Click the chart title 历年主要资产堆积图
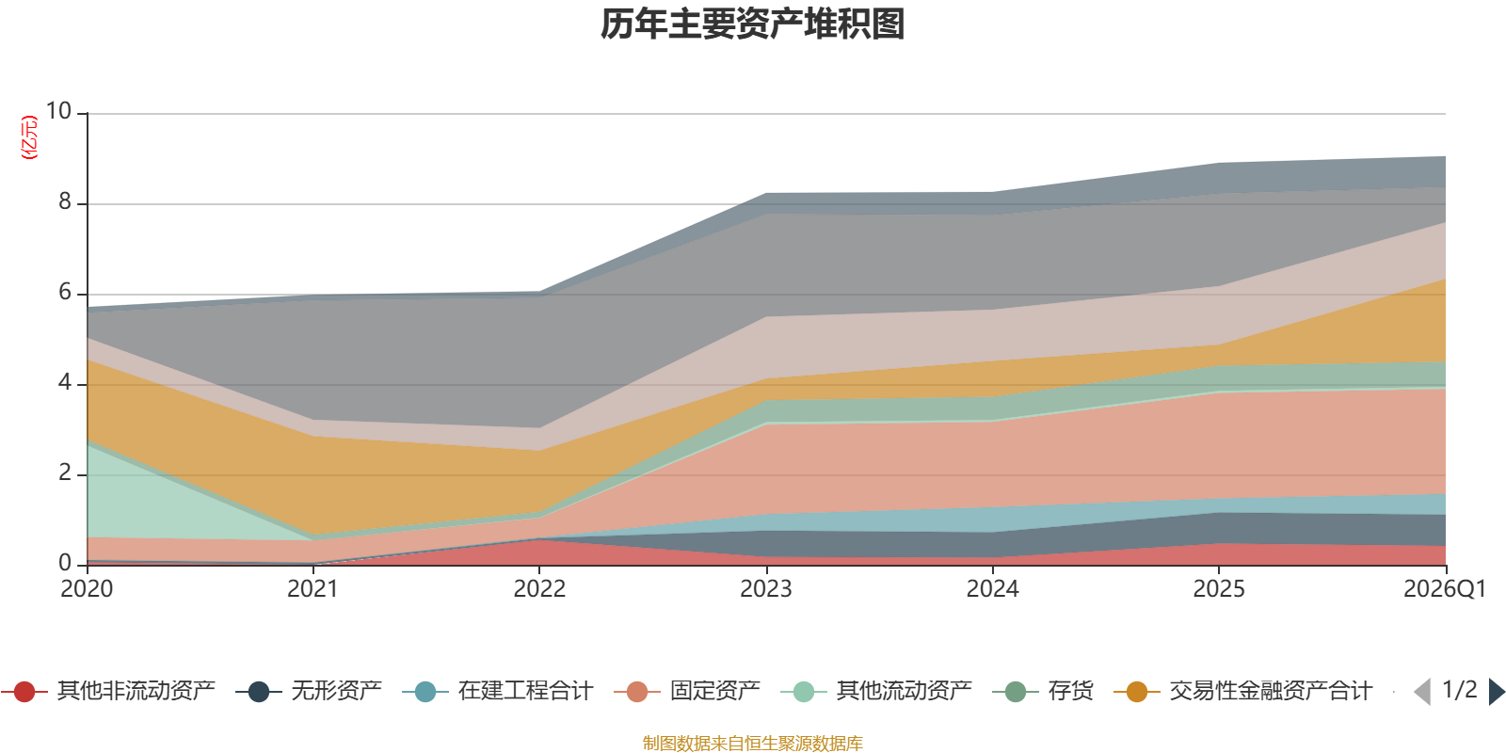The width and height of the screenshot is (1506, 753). click(753, 24)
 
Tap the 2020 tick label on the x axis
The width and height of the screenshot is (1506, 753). click(87, 588)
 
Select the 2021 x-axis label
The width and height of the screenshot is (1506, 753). click(312, 588)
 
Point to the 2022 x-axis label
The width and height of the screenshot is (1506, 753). click(539, 588)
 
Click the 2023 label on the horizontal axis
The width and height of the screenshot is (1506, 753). click(766, 588)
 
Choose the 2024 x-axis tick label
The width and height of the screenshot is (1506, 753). click(992, 588)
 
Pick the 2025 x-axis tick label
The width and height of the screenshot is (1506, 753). click(1219, 588)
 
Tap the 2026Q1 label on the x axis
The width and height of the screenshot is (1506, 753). click(1444, 588)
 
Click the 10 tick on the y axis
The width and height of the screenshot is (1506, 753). click(59, 111)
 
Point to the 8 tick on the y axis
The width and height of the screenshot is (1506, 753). click(65, 201)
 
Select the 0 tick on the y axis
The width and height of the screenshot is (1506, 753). click(65, 563)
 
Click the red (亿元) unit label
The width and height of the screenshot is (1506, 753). click(29, 137)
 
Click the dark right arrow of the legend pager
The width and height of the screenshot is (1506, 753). click(1496, 692)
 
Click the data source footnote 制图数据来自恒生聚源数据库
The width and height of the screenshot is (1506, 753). click(753, 744)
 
